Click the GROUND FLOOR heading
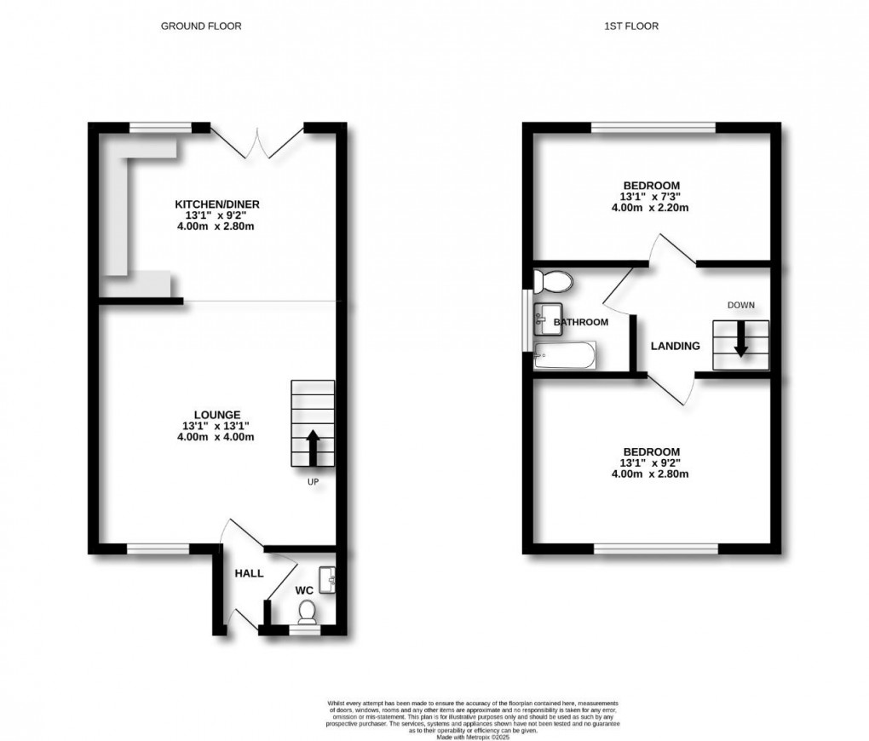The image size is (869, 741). coord(201,26)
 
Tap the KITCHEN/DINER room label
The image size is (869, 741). coord(216,204)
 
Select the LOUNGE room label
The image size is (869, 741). coord(216,415)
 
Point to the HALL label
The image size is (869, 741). coord(249,573)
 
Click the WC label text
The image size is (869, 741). coord(305,589)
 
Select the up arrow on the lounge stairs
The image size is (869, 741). coord(312,446)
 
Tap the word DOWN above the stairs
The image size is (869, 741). coord(740,305)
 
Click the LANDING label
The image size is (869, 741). coord(675,346)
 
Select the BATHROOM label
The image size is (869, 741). coord(581,323)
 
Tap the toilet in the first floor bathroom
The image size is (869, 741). coord(554,280)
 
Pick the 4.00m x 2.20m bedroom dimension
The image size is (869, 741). coord(651,207)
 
